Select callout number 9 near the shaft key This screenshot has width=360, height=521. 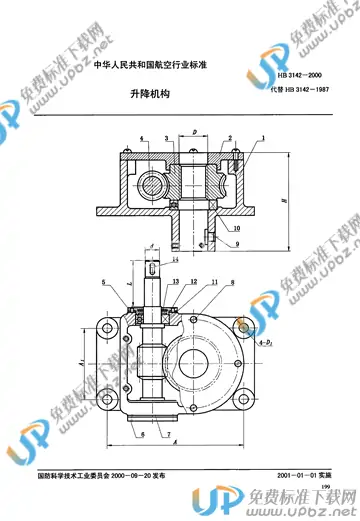(238, 243)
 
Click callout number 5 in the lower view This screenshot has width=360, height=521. (102, 284)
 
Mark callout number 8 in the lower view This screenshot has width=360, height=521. (232, 284)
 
